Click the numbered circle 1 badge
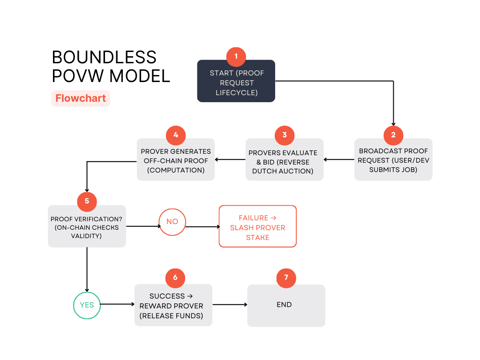pos(236,56)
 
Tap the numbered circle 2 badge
pos(393,135)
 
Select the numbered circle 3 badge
pos(284,135)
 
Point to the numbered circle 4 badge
pos(176,135)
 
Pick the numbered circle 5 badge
pos(87,202)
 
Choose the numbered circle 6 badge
pos(175,277)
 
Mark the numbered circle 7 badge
pos(286,277)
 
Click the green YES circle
pos(87,305)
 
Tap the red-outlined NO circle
pos(172,221)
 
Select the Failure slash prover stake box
pos(258,226)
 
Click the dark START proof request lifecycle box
pos(236,82)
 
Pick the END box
pos(286,306)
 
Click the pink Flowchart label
pos(81,98)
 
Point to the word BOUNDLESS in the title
pos(104,57)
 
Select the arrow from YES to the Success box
pos(117,304)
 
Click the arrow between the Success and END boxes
pos(230,305)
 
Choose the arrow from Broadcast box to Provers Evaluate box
pos(339,159)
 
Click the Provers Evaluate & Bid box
pos(284,161)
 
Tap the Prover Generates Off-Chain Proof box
pos(176,160)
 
